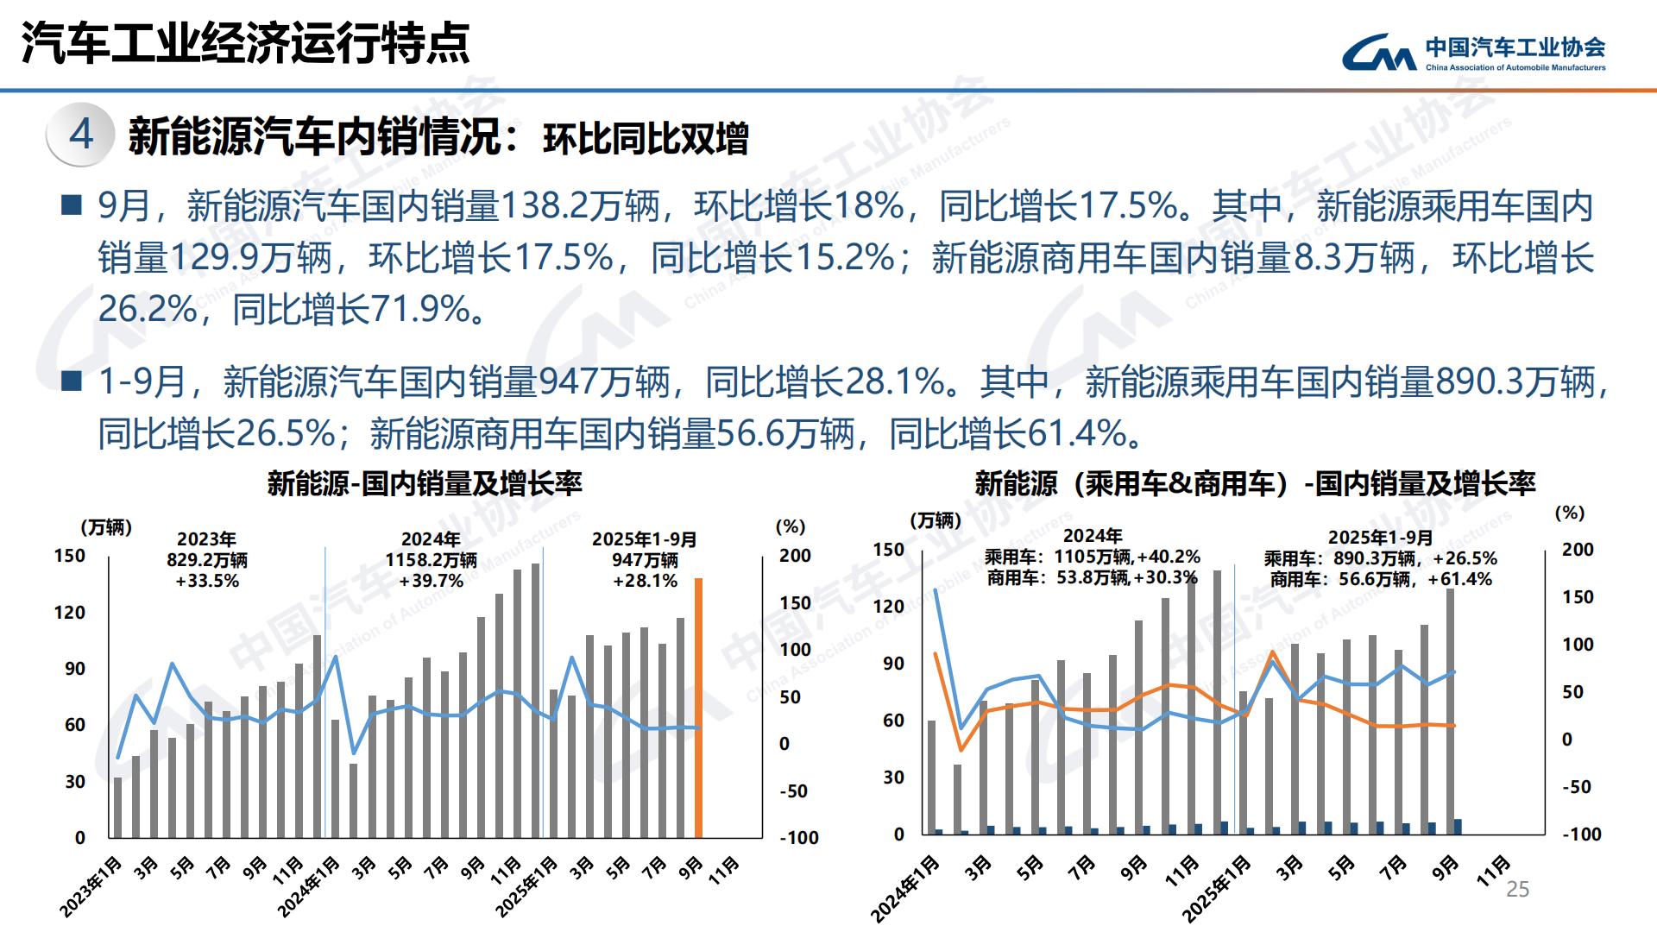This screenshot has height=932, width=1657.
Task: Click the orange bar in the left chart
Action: click(698, 708)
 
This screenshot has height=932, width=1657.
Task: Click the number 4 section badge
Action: click(81, 134)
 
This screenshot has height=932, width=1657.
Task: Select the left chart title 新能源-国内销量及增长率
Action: click(425, 483)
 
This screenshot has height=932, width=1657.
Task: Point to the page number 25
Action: click(1517, 890)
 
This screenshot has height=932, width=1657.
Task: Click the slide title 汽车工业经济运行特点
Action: click(246, 43)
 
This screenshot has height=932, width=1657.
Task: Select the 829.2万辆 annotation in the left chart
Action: click(207, 560)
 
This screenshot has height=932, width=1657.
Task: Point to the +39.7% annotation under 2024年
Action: click(432, 581)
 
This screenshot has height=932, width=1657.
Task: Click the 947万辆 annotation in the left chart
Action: click(645, 560)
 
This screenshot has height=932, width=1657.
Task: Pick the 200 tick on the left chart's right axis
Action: click(795, 556)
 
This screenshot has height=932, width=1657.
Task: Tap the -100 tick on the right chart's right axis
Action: click(1582, 834)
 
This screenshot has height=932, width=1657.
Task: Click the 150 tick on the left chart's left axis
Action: click(70, 556)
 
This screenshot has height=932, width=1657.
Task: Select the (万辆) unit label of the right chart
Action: click(936, 520)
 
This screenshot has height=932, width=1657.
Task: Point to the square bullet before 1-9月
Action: click(72, 381)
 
